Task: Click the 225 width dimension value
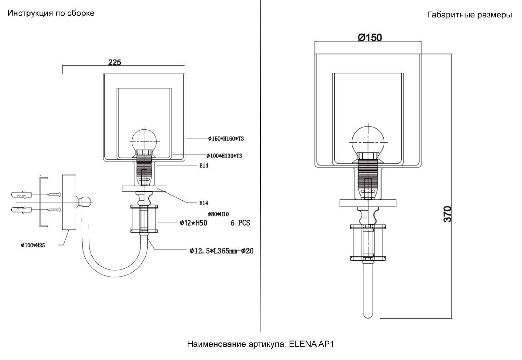click(x=114, y=62)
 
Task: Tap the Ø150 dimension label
click(x=370, y=37)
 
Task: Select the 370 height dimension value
click(x=447, y=214)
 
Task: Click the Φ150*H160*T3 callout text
click(x=226, y=139)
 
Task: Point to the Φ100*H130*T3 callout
click(x=224, y=156)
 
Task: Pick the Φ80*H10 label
click(x=218, y=214)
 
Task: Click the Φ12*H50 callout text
click(x=193, y=223)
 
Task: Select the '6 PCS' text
click(x=240, y=223)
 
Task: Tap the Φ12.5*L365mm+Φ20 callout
click(x=221, y=251)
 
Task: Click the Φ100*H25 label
click(x=33, y=245)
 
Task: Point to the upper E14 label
click(x=204, y=165)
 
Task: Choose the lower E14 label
click(x=204, y=203)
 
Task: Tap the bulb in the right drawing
click(x=368, y=142)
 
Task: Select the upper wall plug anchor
click(x=21, y=195)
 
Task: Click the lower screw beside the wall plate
click(x=54, y=210)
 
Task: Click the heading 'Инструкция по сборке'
click(x=51, y=13)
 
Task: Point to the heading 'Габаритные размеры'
click(x=470, y=15)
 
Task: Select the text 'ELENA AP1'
click(x=311, y=344)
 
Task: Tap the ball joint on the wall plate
click(x=85, y=202)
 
